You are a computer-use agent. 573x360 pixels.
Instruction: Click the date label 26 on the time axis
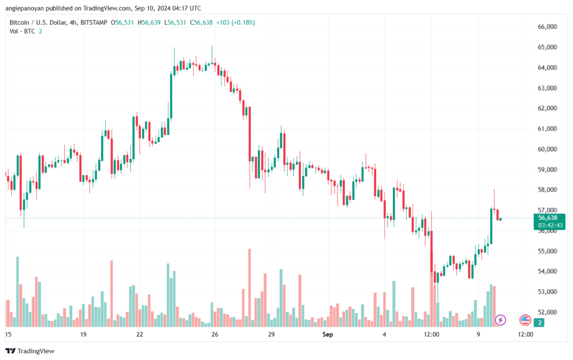click(x=215, y=334)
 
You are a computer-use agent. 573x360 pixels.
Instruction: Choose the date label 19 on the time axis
click(x=83, y=334)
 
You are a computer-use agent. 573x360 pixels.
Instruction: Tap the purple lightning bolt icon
click(x=501, y=320)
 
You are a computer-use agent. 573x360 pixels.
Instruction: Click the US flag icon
click(x=525, y=320)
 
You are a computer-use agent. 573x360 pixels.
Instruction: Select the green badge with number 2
click(x=539, y=322)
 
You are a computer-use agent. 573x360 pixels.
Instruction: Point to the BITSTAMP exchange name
click(x=93, y=22)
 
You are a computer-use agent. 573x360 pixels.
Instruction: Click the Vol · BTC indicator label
click(x=22, y=31)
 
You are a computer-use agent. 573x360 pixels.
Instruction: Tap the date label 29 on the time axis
click(x=270, y=334)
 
